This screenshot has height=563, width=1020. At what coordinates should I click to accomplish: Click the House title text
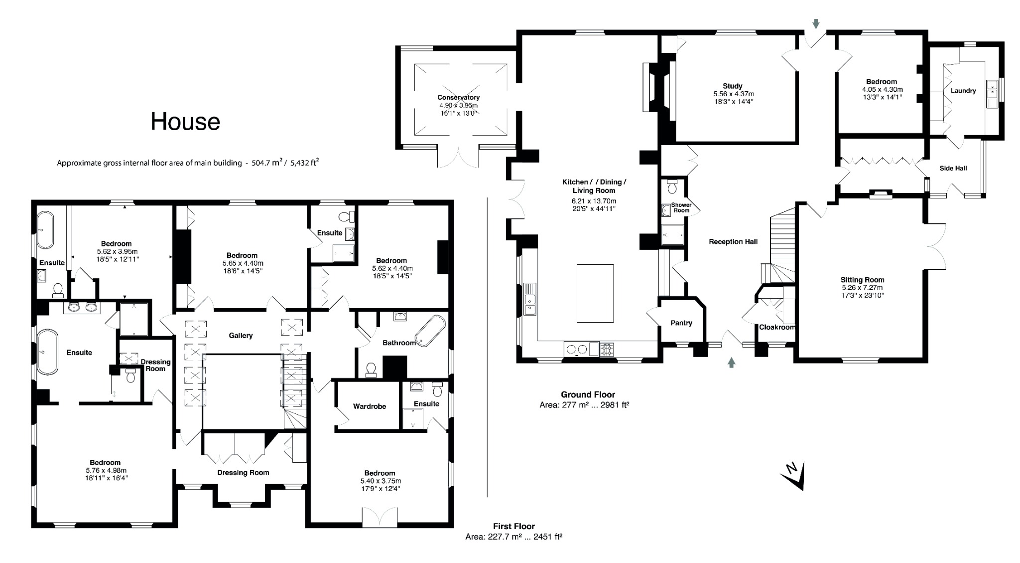point(185,122)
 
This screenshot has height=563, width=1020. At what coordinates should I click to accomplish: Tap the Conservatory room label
point(458,97)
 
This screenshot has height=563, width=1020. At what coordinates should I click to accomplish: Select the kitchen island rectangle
point(595,293)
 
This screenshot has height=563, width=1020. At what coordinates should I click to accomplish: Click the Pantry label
point(681,323)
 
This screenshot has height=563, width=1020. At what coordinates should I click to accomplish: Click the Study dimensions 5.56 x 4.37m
point(733,94)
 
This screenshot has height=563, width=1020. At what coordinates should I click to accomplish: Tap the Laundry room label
point(963,91)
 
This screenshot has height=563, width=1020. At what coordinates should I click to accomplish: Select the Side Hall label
point(953,168)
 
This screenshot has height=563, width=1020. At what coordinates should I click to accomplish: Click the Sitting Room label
point(862,280)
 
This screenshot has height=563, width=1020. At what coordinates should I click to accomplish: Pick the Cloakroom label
point(776,327)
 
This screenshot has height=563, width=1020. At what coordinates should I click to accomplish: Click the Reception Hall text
point(733,241)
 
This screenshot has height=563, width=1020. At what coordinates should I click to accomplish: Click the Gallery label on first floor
point(241,336)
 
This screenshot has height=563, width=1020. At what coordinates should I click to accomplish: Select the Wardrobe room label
point(369,406)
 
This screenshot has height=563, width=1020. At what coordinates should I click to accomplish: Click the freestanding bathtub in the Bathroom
point(432,330)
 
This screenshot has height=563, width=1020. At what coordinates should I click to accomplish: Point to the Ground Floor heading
point(588,394)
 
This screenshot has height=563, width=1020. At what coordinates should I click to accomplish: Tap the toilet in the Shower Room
point(672,187)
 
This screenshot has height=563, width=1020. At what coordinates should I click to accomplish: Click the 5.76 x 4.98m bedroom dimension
point(106,470)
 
